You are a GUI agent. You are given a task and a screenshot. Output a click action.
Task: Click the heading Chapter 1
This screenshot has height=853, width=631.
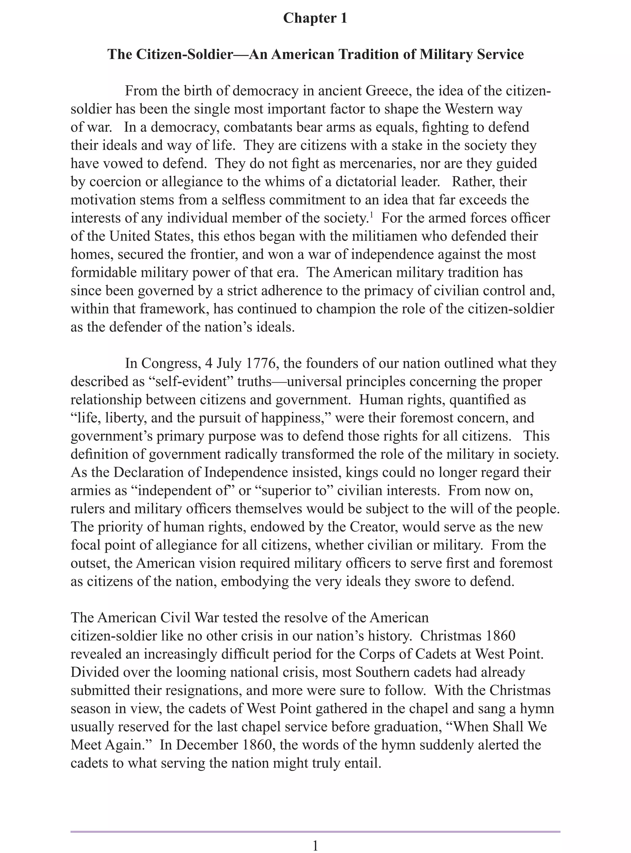315,18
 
